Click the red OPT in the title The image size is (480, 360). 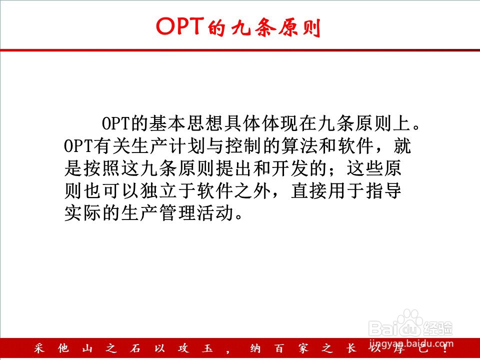[180, 26]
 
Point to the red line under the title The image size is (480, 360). [240, 50]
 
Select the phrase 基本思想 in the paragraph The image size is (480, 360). [186, 123]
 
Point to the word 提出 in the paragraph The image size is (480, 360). [234, 168]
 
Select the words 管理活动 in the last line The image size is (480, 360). [196, 213]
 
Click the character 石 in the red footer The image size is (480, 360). [135, 348]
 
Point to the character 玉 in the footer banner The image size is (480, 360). [207, 348]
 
